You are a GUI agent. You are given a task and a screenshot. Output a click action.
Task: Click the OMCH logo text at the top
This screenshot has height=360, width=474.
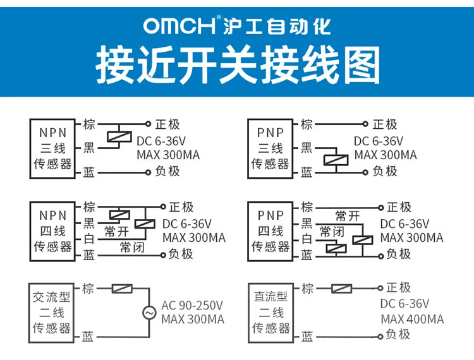179,27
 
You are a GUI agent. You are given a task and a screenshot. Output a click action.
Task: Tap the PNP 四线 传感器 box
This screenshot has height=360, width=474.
270,230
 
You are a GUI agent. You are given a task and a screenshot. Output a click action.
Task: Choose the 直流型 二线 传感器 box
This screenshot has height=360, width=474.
270,312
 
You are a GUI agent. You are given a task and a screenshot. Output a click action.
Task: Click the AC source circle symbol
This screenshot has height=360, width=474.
150,312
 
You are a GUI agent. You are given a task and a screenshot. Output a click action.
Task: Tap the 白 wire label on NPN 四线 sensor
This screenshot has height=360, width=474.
89,239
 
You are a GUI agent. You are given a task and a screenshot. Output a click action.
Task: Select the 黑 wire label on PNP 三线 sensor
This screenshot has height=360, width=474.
306,147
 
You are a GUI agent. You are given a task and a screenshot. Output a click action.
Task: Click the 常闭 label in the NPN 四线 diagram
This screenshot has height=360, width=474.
132,247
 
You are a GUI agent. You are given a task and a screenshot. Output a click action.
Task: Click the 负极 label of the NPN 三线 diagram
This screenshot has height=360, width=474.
167,171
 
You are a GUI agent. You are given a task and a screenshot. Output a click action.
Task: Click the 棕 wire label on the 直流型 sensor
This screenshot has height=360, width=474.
307,289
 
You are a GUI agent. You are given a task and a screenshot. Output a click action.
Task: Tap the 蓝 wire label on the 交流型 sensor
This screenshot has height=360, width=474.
89,336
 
